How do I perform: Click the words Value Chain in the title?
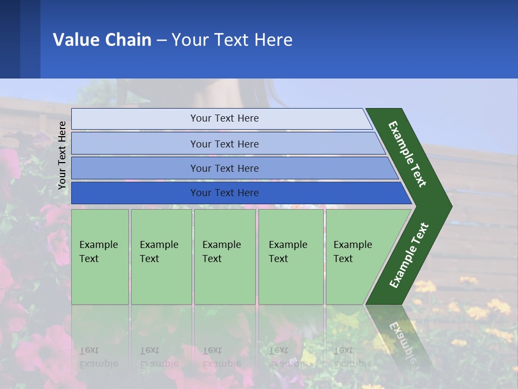[102, 39]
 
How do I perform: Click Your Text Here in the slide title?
[232, 39]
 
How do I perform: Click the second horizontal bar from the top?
[224, 144]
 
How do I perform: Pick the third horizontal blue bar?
[224, 168]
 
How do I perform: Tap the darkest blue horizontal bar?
[224, 193]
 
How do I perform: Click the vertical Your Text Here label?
[62, 155]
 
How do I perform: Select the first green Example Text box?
[100, 257]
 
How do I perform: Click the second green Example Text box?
[161, 257]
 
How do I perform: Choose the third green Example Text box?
[224, 257]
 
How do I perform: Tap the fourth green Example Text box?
[290, 257]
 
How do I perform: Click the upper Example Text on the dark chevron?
[407, 154]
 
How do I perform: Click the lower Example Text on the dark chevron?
[408, 256]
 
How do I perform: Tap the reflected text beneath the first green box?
[98, 357]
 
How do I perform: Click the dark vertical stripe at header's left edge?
[10, 39]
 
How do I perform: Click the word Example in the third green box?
[221, 245]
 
